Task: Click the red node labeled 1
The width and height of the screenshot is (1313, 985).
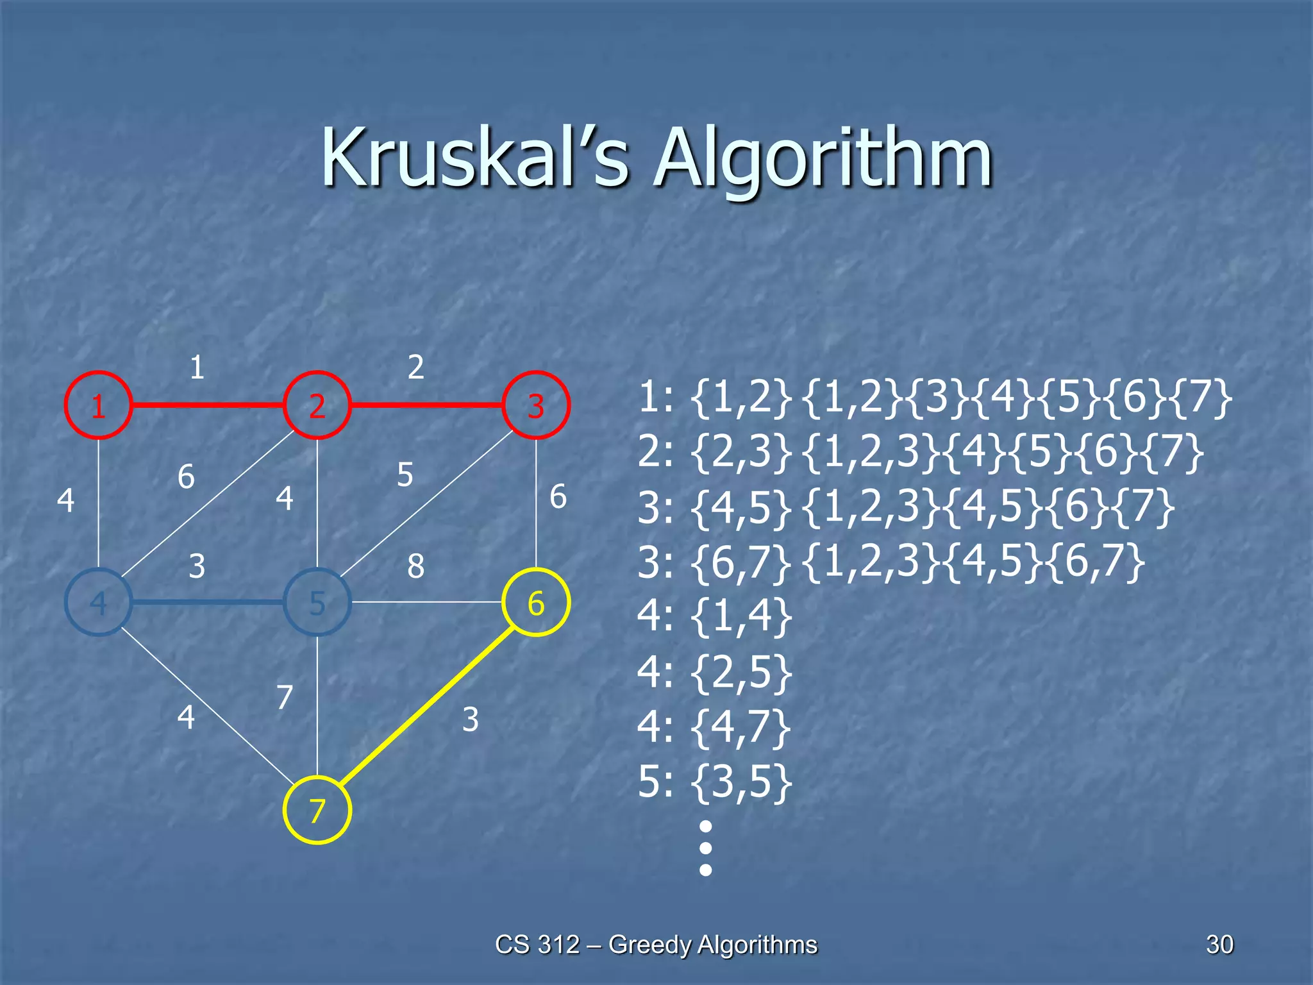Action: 98,405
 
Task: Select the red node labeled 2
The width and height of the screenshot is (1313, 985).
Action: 317,405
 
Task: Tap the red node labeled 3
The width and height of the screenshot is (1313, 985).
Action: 536,405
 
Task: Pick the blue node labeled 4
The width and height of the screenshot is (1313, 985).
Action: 98,602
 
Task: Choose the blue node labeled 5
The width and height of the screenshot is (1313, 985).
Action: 317,602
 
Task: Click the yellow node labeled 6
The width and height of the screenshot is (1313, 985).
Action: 536,602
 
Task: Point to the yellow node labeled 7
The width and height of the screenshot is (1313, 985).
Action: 317,810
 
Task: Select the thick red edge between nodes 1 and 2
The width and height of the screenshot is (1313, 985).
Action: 207,405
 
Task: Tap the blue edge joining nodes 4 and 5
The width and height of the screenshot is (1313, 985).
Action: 207,602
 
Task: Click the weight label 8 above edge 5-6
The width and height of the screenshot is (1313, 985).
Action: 415,566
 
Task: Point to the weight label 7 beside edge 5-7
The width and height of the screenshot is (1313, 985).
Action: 285,697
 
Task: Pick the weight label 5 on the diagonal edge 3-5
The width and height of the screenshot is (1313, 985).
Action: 405,475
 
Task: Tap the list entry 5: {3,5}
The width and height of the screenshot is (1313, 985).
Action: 715,782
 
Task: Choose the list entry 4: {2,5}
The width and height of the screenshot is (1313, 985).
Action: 715,673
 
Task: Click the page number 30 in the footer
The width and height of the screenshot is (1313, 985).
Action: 1219,944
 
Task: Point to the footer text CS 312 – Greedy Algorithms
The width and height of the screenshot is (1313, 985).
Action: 656,944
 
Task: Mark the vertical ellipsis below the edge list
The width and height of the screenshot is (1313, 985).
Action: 705,848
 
